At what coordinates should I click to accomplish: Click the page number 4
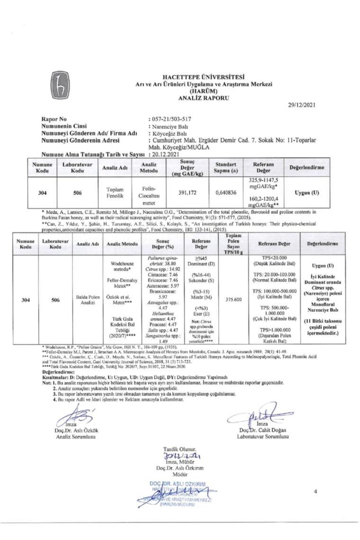315,493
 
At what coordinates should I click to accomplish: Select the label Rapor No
55,119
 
